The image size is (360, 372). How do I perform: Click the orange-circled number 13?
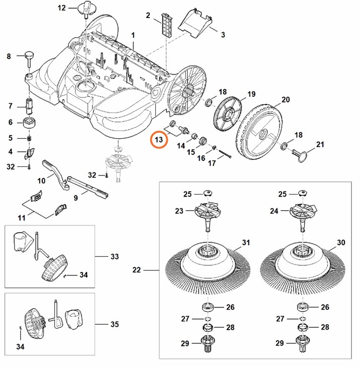pos(159,140)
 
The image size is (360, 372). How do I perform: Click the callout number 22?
pos(136,270)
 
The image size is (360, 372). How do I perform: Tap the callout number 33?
pos(115,256)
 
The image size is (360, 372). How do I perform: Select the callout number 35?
pos(115,324)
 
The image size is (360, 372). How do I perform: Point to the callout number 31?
pos(245,243)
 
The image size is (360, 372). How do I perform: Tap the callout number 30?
pos(341,243)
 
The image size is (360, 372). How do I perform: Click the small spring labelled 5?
pos(29,138)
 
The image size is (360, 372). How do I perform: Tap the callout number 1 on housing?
pos(133,35)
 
